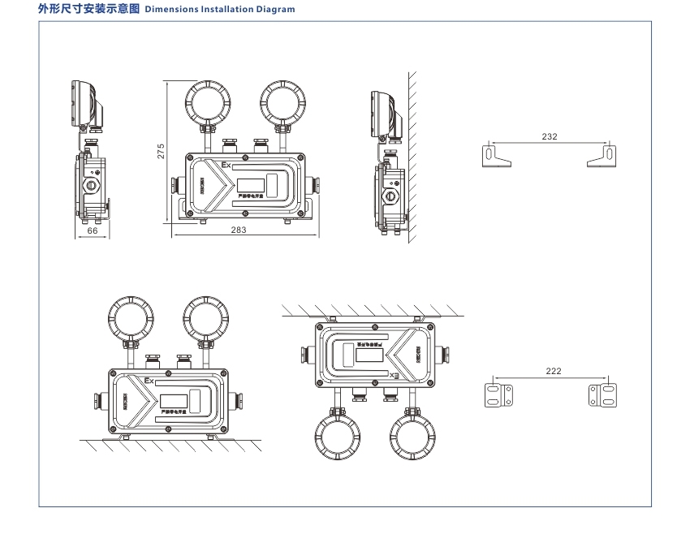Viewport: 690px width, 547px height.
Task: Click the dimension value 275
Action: (162, 150)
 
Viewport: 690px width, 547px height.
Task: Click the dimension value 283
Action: (238, 230)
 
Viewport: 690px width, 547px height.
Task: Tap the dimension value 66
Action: (93, 230)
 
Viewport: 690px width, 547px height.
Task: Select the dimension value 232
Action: (550, 136)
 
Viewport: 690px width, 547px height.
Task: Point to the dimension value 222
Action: (553, 371)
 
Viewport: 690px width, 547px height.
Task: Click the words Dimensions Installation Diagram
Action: (219, 10)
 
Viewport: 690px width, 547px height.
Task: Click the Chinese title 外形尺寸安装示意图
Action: (89, 10)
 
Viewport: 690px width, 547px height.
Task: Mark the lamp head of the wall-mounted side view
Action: (385, 111)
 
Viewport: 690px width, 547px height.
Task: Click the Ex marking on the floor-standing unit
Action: (149, 380)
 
